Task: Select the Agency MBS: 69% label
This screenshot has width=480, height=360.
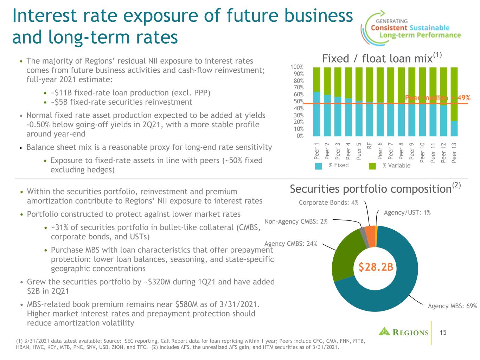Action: tap(452, 306)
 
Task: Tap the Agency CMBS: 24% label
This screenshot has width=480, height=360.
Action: tap(291, 243)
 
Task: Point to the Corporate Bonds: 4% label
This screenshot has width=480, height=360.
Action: tap(328, 202)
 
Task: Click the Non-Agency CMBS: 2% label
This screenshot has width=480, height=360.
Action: tap(296, 221)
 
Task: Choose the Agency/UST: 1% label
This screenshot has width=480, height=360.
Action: tap(407, 212)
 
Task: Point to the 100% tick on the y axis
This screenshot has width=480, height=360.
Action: tap(297, 67)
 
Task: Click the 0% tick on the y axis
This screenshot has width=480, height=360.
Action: tap(300, 136)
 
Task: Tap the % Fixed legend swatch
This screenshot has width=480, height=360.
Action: tap(318, 166)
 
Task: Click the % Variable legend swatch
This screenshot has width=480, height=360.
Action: tap(372, 166)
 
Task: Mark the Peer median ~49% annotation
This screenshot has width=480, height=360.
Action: tap(437, 98)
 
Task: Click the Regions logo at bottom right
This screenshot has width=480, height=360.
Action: tap(404, 332)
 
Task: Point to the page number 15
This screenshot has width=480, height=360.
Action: tap(443, 332)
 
